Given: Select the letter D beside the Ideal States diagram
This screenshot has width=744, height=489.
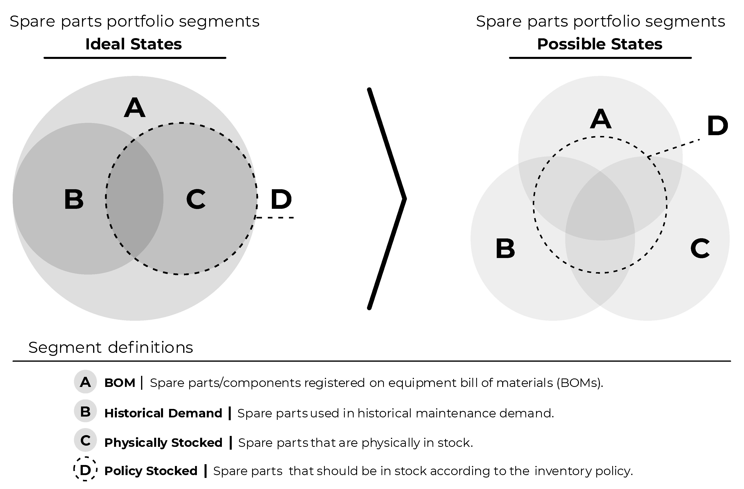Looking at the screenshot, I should click(281, 199).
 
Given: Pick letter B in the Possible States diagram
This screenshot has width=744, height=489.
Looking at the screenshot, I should click(505, 249).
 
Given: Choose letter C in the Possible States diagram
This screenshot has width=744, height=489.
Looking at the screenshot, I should click(700, 249).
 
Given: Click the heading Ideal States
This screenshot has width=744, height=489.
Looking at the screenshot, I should click(133, 44).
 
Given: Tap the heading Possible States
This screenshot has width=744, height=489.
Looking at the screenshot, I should click(600, 44).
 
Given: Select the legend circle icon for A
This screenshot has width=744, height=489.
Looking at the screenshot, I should click(85, 382).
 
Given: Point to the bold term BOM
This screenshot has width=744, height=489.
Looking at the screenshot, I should click(120, 383).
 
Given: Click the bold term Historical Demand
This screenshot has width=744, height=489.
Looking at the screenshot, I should click(163, 413).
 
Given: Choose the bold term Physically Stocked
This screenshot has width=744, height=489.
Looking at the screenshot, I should click(163, 443).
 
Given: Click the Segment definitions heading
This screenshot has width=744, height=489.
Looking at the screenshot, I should click(111, 347).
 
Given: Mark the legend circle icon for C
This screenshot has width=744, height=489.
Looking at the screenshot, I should click(85, 441).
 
